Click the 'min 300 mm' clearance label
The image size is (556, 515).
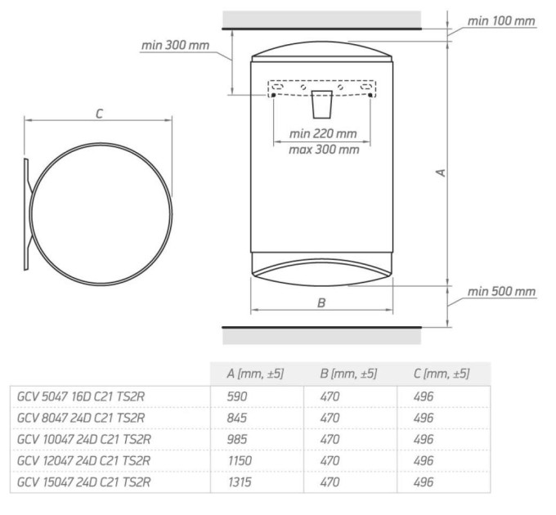tap(175, 45)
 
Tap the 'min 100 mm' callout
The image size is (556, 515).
tap(501, 21)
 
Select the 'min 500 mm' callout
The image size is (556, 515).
tap(501, 291)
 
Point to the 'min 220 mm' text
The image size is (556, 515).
tap(323, 133)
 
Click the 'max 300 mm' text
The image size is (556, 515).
tap(324, 150)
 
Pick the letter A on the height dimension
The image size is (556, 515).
tap(441, 172)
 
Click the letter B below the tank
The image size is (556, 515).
tap(321, 302)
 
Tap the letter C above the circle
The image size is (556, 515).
tap(99, 114)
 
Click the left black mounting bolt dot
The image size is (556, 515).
tap(273, 96)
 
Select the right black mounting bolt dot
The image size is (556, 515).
tap(370, 95)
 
